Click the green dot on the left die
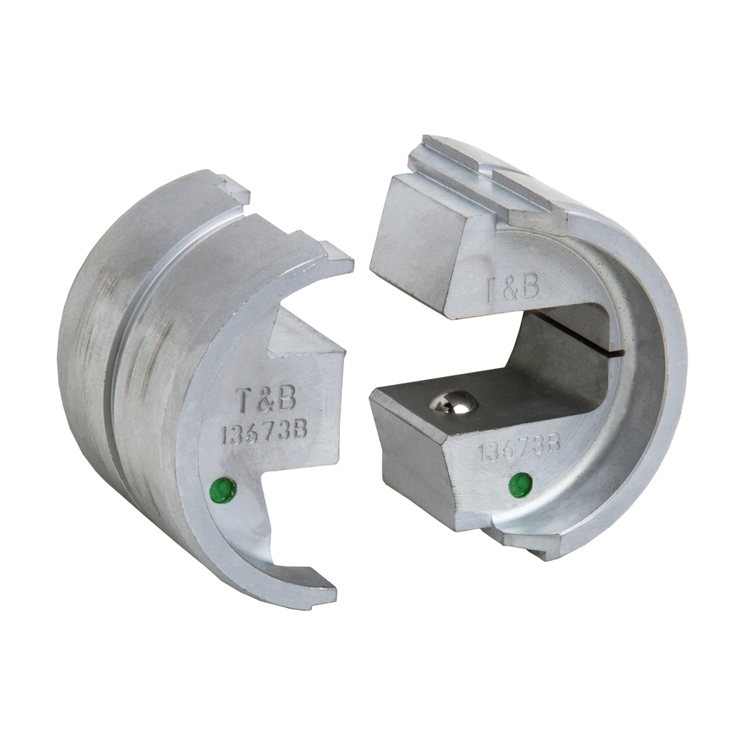tap(223, 489)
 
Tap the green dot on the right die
tap(520, 485)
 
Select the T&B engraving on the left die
tap(265, 401)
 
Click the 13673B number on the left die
tap(264, 433)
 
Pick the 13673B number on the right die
tap(519, 448)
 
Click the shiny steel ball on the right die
tap(454, 402)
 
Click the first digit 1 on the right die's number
tap(482, 452)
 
